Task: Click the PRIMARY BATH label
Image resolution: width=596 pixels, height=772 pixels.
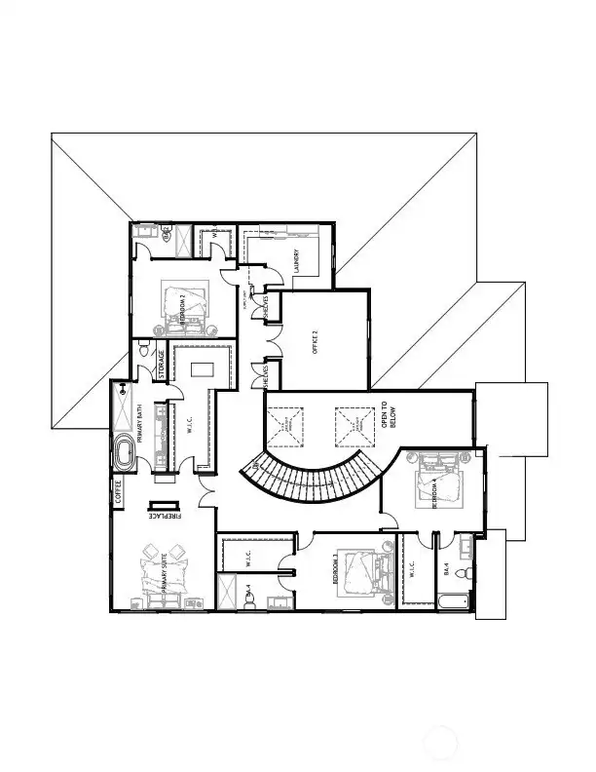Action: point(140,427)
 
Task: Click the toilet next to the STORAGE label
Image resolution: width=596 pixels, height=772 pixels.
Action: point(143,349)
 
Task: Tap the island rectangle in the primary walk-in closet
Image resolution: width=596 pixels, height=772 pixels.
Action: point(202,371)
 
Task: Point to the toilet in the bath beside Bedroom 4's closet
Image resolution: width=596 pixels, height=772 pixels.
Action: point(465,572)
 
